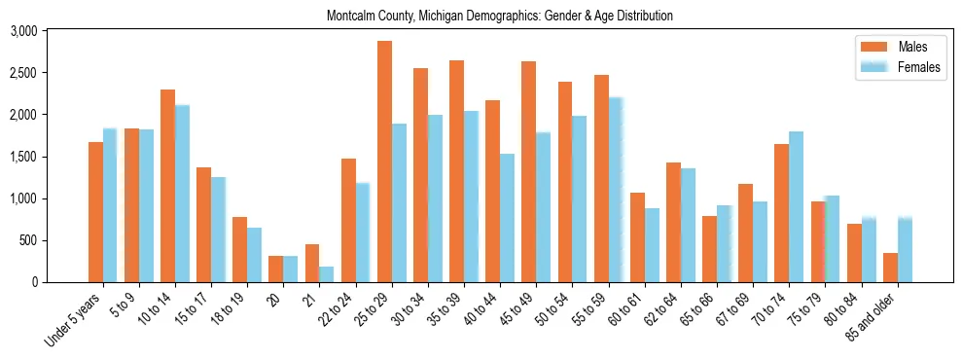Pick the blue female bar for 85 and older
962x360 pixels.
click(905, 249)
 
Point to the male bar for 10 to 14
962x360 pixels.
click(167, 186)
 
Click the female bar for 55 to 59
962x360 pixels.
click(616, 190)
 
